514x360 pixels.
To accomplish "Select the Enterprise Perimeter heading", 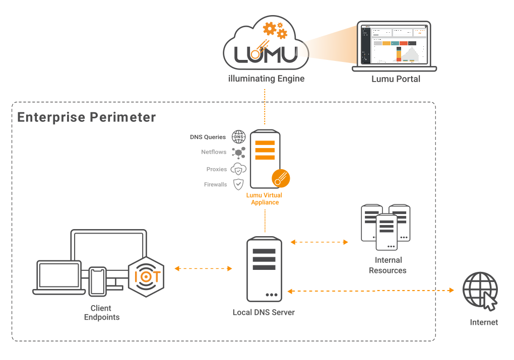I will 87,117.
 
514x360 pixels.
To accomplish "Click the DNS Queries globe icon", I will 238,137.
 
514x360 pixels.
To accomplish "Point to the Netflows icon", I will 238,152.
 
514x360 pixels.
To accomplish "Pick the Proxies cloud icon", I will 238,169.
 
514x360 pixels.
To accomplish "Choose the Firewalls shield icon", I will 238,185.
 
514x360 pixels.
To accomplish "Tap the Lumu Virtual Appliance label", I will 265,198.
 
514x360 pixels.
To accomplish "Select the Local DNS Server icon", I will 264,269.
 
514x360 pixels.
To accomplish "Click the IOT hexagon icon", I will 147,276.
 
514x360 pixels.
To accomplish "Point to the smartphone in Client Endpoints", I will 97,281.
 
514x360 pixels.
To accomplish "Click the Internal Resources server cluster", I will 385,227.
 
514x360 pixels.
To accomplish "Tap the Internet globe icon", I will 481,290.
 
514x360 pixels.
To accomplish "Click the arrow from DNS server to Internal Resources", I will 319,242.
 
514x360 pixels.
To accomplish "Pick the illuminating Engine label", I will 266,79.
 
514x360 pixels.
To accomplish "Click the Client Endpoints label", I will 101,312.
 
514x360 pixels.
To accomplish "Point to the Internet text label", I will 484,322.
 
